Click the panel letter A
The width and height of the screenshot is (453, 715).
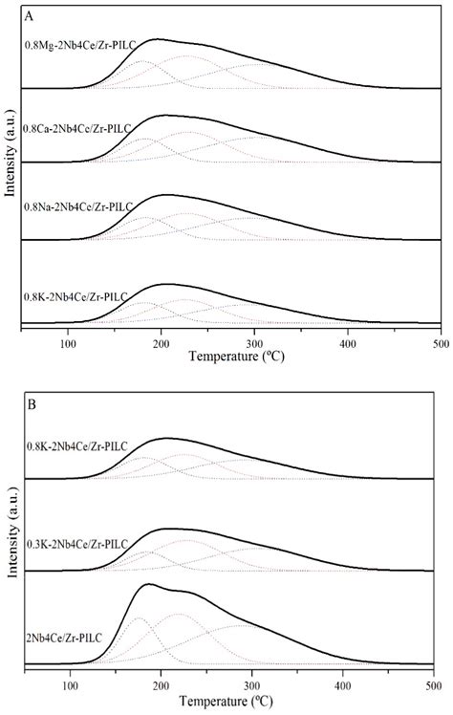click(x=30, y=15)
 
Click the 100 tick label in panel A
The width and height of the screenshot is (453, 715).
click(x=68, y=344)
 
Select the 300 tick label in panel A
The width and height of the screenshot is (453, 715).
click(x=254, y=344)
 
